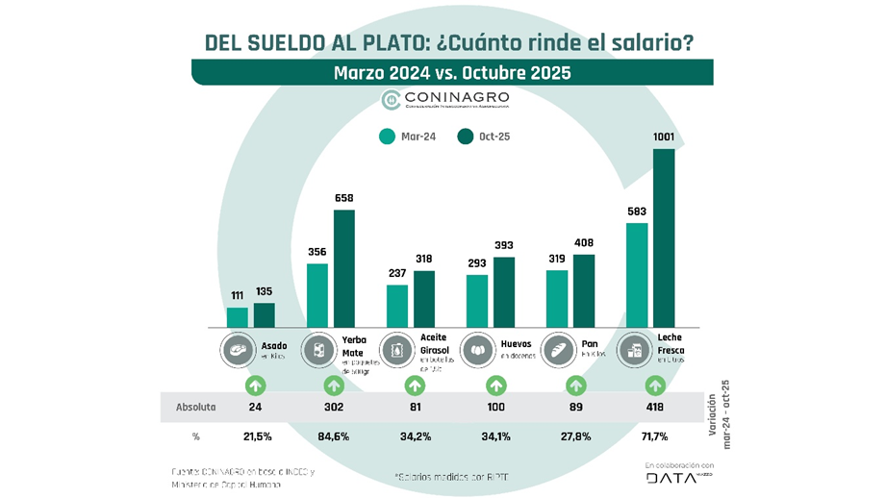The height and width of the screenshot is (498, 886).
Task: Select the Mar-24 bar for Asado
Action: [x=237, y=316]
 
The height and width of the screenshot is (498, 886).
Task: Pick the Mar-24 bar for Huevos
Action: [x=477, y=300]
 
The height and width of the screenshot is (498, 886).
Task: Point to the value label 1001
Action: [x=664, y=137]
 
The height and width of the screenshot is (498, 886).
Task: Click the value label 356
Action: [x=316, y=252]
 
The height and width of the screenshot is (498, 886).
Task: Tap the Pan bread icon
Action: [x=558, y=348]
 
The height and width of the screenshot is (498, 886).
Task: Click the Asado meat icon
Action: [x=236, y=348]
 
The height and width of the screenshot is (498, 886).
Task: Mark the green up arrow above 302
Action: [x=334, y=386]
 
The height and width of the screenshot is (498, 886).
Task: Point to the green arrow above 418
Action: [x=656, y=386]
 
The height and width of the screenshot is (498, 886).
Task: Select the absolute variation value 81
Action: [x=415, y=407]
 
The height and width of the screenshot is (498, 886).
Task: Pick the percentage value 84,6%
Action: [x=334, y=436]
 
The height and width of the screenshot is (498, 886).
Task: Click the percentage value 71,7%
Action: [x=656, y=436]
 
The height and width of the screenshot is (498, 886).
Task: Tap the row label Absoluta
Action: [x=195, y=407]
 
